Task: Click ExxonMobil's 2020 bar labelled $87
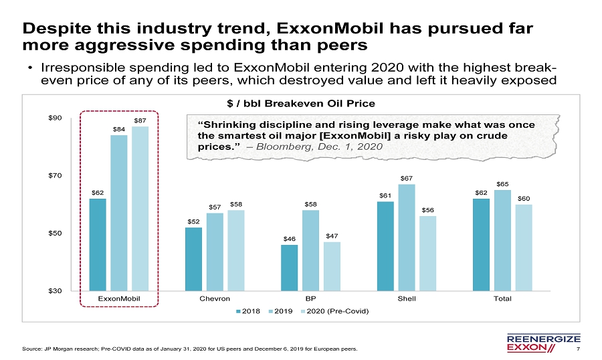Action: click(x=140, y=208)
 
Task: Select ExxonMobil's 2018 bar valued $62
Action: click(x=98, y=244)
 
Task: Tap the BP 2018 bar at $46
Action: click(x=289, y=268)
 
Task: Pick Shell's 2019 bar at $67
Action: click(x=407, y=237)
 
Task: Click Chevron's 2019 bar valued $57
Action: click(x=215, y=252)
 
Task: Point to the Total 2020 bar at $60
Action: click(x=524, y=247)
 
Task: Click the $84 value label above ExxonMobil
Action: click(x=119, y=129)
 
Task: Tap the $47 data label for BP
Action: click(x=332, y=236)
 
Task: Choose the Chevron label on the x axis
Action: click(x=215, y=298)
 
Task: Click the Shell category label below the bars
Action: click(x=407, y=298)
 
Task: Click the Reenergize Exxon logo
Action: click(x=539, y=342)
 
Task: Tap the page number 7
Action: click(x=577, y=349)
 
